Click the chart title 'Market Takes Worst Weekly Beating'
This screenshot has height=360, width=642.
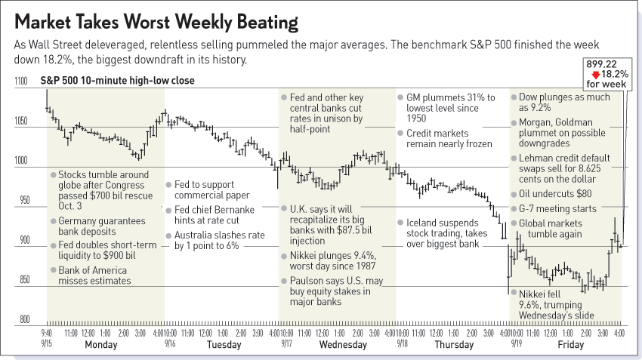pos(156,20)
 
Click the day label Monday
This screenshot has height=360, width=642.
pos(100,345)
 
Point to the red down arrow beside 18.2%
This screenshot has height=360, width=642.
pos(596,75)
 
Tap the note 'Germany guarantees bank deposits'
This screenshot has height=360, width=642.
pos(97,226)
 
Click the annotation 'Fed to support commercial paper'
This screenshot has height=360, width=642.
pos(213,189)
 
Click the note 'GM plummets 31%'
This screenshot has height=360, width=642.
pos(446,108)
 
